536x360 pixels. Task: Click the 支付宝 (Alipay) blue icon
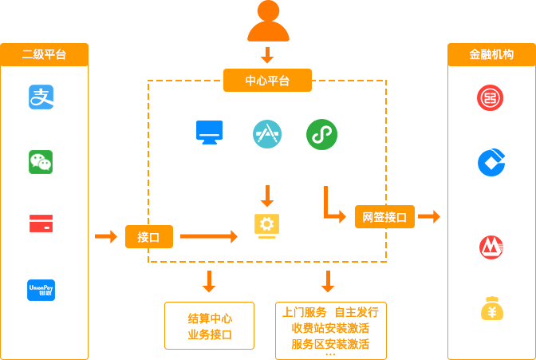click(41, 97)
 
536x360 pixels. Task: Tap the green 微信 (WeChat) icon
click(41, 162)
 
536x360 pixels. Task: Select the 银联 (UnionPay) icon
click(41, 291)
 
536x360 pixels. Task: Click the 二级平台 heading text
click(44, 55)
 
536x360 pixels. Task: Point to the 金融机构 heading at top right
click(491, 55)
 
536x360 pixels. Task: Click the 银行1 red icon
click(490, 98)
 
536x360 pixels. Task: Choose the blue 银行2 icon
click(491, 162)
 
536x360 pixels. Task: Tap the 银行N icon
click(491, 247)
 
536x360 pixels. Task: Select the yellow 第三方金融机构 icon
click(491, 309)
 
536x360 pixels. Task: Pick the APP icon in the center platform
click(267, 133)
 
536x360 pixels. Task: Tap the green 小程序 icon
click(321, 134)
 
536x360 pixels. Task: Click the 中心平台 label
click(267, 81)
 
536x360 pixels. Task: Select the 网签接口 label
click(384, 217)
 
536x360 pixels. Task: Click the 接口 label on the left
click(148, 237)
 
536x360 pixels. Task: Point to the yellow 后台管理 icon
click(266, 225)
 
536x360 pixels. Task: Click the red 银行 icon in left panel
click(41, 224)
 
